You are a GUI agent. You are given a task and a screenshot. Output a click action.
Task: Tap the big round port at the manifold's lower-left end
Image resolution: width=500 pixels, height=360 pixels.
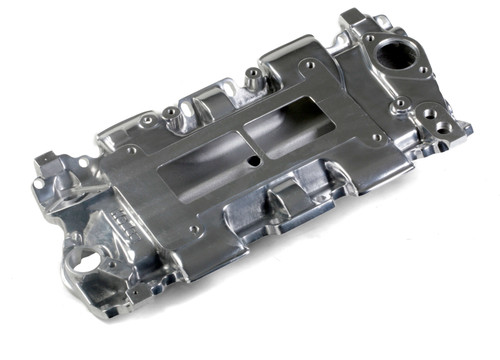point(85,262)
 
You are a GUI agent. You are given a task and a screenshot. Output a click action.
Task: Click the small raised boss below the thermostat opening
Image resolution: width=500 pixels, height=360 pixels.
point(401,102)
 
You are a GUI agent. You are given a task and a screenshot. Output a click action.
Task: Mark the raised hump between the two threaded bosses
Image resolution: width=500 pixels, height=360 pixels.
point(210,98)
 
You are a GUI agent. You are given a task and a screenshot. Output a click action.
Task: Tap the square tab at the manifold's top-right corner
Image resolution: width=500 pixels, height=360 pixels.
point(355,17)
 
